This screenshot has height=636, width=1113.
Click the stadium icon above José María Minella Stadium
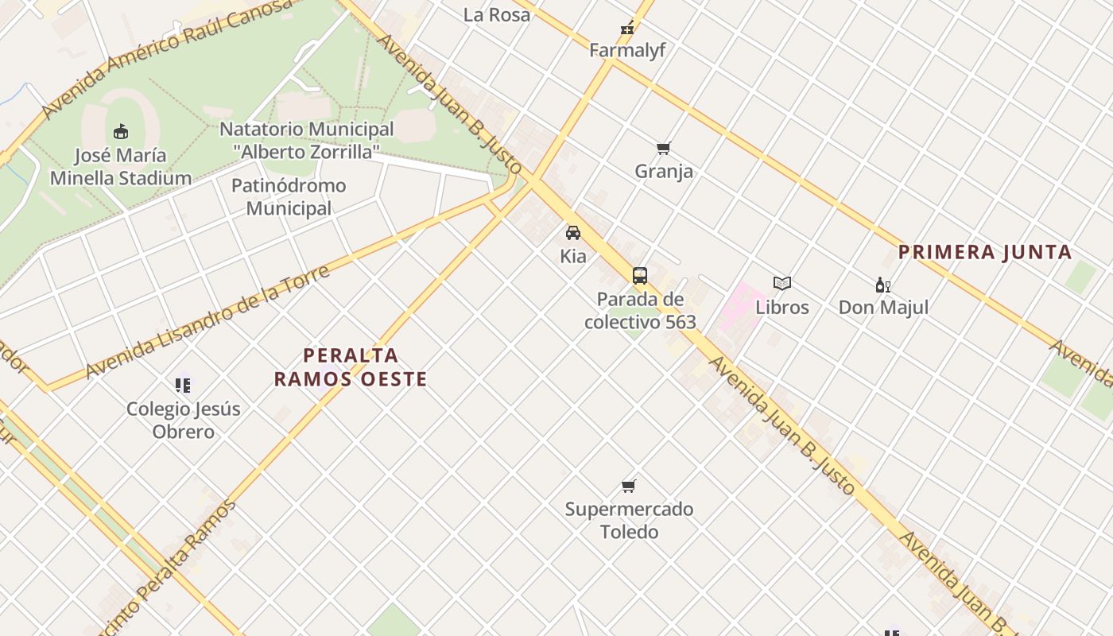point(121,131)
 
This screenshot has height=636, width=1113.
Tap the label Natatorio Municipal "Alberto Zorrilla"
point(306,140)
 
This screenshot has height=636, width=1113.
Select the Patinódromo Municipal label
point(289,197)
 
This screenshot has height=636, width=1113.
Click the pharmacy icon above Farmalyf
point(627,29)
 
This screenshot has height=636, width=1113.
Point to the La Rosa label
point(497,14)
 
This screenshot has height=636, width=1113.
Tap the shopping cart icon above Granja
point(664,148)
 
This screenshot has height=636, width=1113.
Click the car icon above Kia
point(573,233)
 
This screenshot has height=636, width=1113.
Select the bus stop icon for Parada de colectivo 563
point(640,276)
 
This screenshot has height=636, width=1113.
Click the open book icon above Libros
point(782,283)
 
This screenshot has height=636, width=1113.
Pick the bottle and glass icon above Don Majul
point(882,285)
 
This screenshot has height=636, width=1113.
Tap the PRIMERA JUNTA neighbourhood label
point(985,253)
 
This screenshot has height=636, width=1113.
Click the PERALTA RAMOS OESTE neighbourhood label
point(351,366)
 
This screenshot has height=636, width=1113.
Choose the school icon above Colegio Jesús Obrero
point(184,386)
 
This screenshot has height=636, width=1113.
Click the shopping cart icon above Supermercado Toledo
point(629,486)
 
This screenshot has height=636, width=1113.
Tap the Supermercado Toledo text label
point(629,520)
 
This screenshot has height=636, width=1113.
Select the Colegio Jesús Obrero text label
point(184,421)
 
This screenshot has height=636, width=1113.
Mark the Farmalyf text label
point(627,50)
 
